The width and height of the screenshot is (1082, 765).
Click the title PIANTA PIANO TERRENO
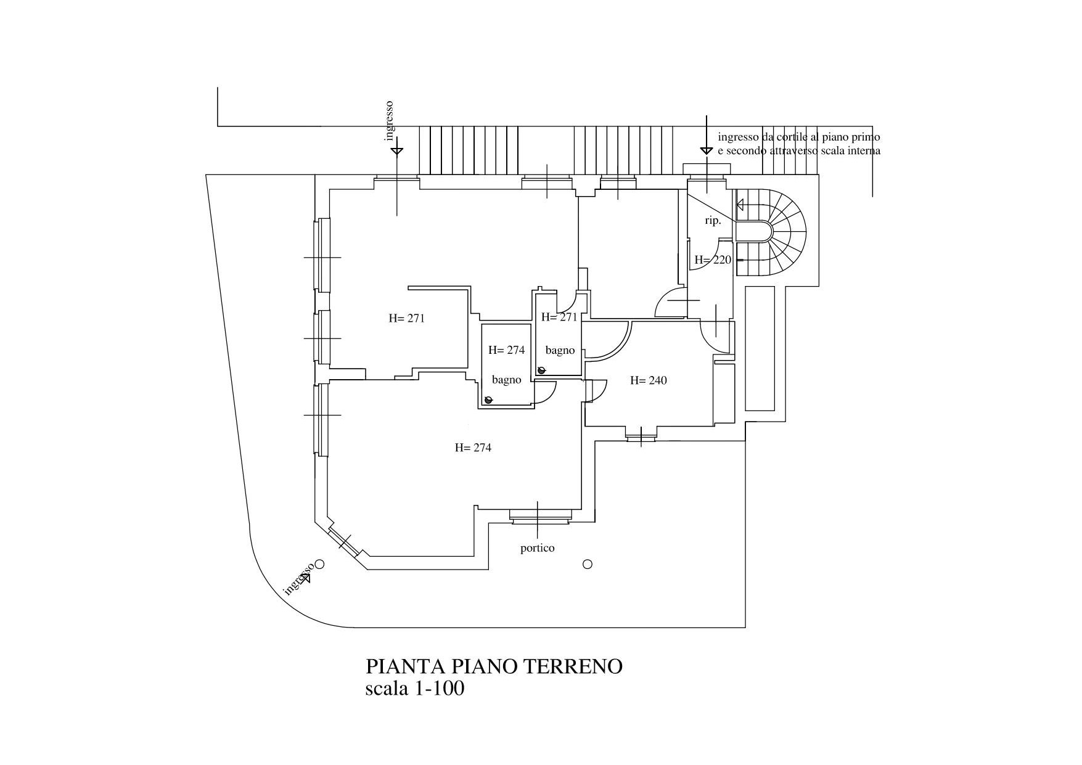(494, 666)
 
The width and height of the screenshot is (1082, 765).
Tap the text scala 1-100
(414, 688)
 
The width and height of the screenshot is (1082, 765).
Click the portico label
(537, 548)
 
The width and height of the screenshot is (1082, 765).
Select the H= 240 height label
(648, 380)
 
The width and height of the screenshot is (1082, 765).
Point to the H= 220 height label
(713, 260)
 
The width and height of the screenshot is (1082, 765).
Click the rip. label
(713, 221)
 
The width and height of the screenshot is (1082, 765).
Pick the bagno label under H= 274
(506, 380)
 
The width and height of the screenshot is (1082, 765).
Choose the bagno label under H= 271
(560, 350)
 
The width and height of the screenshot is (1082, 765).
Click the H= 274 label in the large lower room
(473, 448)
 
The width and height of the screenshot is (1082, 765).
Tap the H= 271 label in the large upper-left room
(406, 319)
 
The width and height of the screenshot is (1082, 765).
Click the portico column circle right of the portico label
(588, 564)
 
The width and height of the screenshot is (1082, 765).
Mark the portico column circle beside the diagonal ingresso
(319, 564)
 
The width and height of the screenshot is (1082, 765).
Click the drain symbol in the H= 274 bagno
(489, 400)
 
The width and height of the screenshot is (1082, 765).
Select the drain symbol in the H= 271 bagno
(541, 370)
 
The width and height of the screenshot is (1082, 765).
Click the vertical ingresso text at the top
(389, 121)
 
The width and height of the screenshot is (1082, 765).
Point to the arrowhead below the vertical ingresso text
(397, 150)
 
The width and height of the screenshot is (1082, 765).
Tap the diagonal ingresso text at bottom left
(297, 580)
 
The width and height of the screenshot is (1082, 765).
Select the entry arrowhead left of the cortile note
(707, 150)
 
